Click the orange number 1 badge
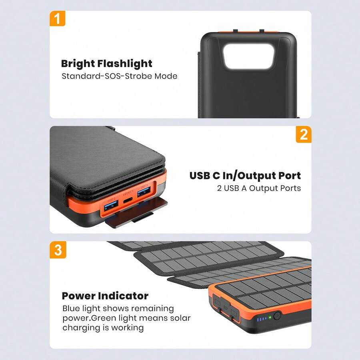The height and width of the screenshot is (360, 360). click(x=57, y=19)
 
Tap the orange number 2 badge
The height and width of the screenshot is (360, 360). click(x=304, y=134)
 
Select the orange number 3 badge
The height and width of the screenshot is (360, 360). click(x=58, y=250)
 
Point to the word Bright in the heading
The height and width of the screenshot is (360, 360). click(x=78, y=64)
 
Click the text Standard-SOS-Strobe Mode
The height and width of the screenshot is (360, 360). click(x=119, y=76)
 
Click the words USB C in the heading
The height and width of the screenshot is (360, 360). click(x=206, y=176)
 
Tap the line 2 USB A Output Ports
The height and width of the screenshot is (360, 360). click(x=259, y=188)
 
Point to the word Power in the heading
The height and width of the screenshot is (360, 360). click(x=79, y=296)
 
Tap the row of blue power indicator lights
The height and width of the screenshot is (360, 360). click(x=262, y=319)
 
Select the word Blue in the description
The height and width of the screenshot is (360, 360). click(x=71, y=309)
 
